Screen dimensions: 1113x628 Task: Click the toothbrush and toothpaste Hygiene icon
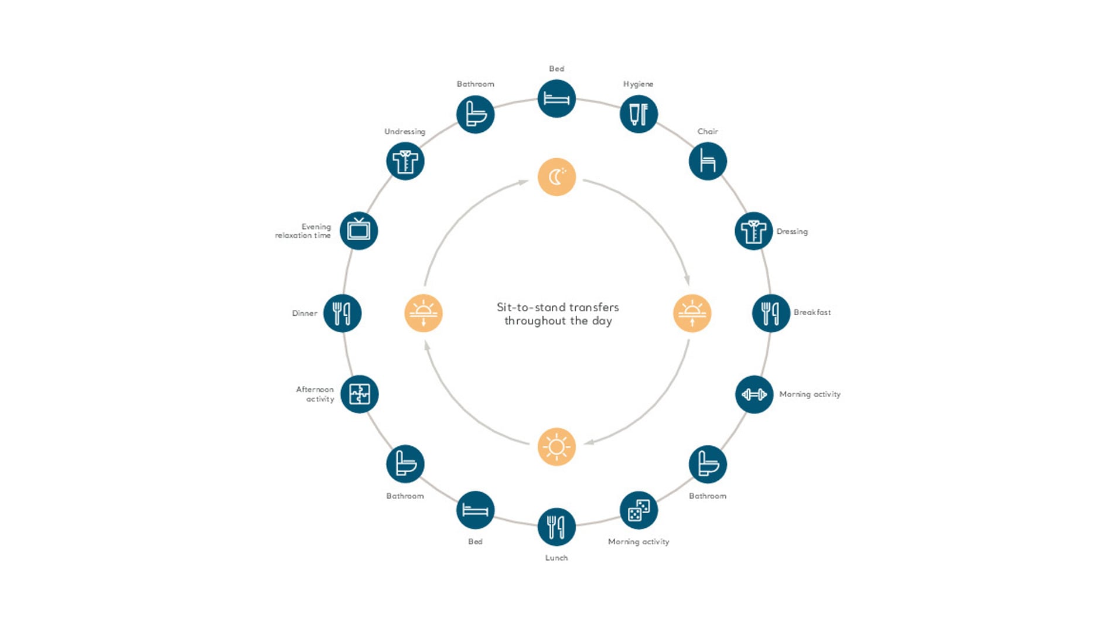point(639,114)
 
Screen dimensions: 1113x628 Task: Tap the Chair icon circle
point(708,161)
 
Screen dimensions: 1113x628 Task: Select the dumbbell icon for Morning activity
point(754,394)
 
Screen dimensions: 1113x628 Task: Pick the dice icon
point(639,510)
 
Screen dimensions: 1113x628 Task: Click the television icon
point(359,231)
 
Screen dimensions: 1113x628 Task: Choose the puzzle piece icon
point(359,394)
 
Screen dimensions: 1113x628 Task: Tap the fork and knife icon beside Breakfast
point(771,313)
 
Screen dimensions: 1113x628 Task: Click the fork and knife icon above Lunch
point(556,527)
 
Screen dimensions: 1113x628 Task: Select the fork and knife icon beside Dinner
point(342,313)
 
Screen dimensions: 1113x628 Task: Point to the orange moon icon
point(556,177)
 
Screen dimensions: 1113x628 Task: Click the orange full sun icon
point(556,447)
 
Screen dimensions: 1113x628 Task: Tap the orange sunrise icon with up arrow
point(692,313)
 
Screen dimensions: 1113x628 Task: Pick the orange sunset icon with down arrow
point(424,313)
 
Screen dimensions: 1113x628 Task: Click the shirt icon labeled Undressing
point(405,161)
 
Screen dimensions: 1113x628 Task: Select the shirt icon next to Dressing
point(753,231)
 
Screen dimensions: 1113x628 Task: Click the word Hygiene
point(638,84)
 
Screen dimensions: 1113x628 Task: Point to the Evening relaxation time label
point(303,231)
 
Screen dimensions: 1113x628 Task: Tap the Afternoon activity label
point(315,394)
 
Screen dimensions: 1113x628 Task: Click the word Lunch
point(556,558)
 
